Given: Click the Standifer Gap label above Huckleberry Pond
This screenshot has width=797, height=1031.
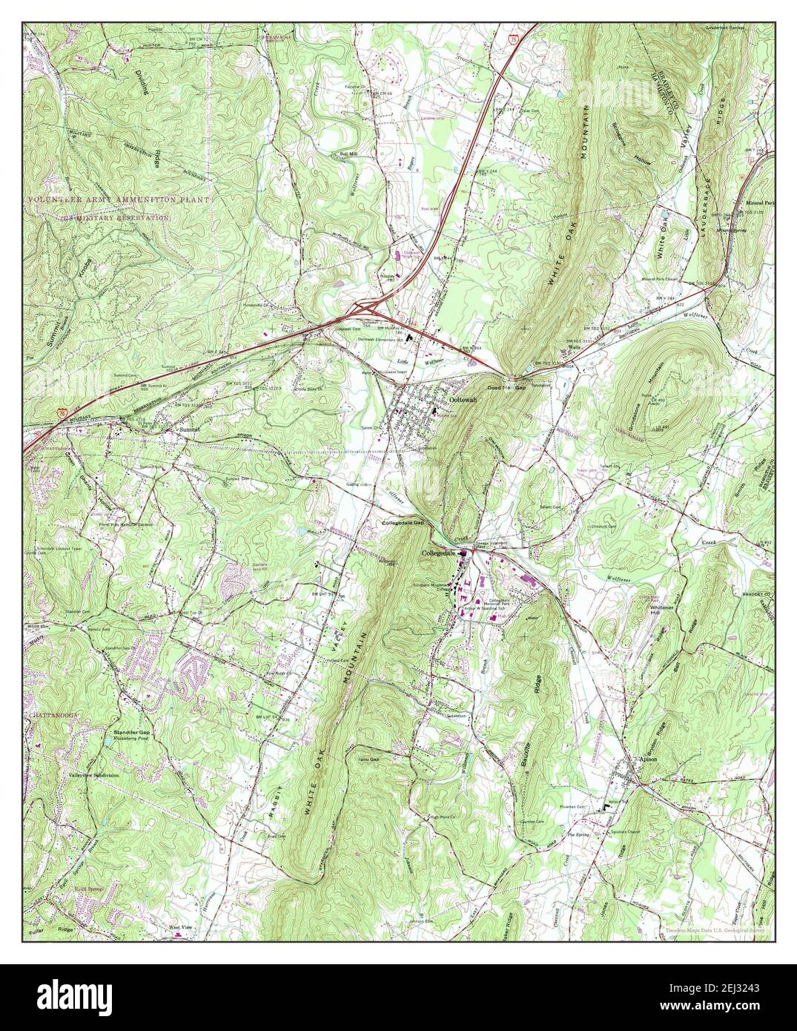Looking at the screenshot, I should click(131, 731).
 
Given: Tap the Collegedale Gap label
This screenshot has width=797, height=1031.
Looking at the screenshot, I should click(403, 522).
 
